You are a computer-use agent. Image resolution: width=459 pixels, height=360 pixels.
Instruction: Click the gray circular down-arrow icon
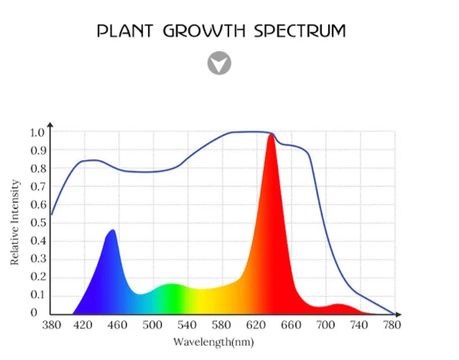point(219,63)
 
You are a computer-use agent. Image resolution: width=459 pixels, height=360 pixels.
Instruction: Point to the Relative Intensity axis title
point(16,222)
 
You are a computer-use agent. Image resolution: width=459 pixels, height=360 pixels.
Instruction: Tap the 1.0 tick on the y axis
point(37,132)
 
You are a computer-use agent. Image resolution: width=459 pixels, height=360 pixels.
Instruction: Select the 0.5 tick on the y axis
point(37,223)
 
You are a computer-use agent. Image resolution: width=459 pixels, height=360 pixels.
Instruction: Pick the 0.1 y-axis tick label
point(37,295)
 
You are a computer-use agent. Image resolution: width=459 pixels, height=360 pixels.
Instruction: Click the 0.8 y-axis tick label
point(37,168)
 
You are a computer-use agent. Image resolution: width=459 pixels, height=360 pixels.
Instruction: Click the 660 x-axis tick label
point(290,326)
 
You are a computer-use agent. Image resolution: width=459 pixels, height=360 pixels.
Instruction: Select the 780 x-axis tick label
point(392,326)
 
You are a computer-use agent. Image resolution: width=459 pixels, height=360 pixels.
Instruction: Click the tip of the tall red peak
point(271,136)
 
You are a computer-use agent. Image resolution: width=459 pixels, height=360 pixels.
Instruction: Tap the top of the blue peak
point(112,231)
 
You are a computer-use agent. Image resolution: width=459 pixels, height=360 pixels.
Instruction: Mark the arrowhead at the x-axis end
point(398,314)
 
